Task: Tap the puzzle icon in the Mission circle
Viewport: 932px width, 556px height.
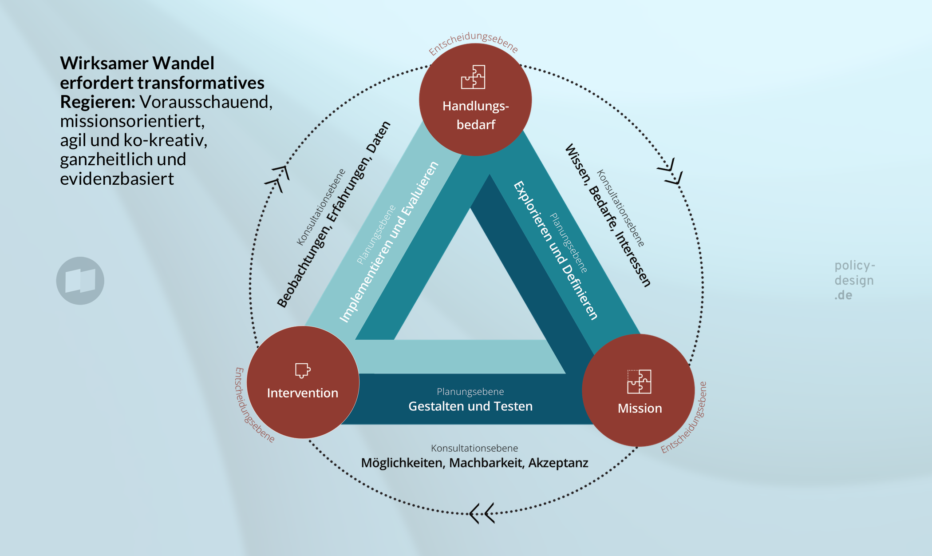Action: pyautogui.click(x=639, y=381)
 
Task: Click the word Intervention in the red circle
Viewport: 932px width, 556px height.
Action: pyautogui.click(x=303, y=393)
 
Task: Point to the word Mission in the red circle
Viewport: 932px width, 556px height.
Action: pyautogui.click(x=640, y=408)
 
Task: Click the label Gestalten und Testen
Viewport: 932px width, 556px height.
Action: pyautogui.click(x=470, y=406)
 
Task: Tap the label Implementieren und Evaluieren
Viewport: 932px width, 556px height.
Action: pyautogui.click(x=389, y=242)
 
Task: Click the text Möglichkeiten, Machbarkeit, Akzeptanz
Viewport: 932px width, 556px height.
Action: pyautogui.click(x=474, y=463)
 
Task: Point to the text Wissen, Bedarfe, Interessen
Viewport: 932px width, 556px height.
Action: pyautogui.click(x=608, y=215)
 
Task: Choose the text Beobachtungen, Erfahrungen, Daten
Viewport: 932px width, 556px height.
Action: pyautogui.click(x=333, y=214)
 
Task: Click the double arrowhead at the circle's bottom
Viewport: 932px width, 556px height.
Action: pyautogui.click(x=482, y=514)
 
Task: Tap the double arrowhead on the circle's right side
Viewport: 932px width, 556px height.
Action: pyautogui.click(x=671, y=171)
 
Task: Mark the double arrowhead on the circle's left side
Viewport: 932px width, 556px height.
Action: pyautogui.click(x=278, y=178)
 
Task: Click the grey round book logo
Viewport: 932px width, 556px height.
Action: pyautogui.click(x=80, y=281)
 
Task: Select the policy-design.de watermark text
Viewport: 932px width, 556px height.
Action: pyautogui.click(x=854, y=280)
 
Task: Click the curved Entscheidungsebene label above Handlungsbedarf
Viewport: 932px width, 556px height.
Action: pyautogui.click(x=473, y=42)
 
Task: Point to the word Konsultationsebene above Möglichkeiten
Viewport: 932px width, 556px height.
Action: pyautogui.click(x=474, y=448)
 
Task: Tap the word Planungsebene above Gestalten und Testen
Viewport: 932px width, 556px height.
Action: pyautogui.click(x=470, y=392)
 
